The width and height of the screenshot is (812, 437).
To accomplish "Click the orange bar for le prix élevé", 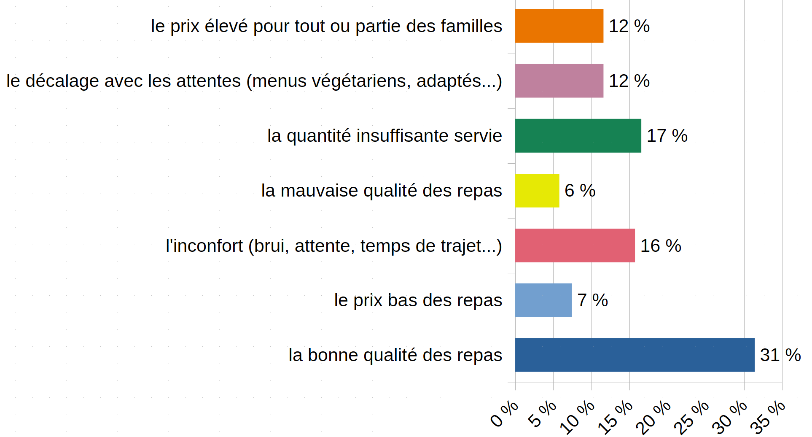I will pos(559,26).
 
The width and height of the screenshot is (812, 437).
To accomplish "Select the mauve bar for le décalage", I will pos(559,81).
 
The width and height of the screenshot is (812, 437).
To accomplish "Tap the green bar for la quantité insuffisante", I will pos(578,136).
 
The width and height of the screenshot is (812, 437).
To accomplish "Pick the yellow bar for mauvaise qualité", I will pos(537,191).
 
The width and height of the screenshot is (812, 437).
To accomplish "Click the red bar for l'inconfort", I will pos(575,245).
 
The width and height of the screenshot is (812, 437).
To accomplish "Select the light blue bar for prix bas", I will pos(543,300).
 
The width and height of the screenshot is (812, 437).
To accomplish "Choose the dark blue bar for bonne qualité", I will pos(635,355).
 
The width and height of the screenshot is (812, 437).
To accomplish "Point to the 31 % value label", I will pos(780,355).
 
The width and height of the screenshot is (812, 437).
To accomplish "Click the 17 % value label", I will pos(667,136).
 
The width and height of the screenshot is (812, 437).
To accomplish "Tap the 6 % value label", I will pos(580,191).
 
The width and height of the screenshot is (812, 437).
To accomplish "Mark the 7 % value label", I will pos(592,300).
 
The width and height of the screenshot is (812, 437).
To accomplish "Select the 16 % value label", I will pos(661,245).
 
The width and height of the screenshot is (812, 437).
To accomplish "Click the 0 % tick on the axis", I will pos(504,414).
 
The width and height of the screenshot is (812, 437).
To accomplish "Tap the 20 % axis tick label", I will pos(654,418).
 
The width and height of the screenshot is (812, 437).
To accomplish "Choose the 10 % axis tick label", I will pos(578,418).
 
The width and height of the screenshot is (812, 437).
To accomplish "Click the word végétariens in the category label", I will pos(361,81).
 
